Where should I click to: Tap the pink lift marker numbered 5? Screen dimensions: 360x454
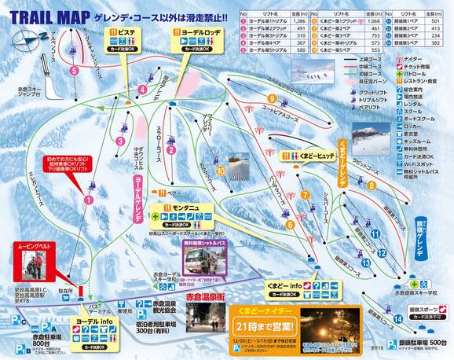(x=73, y=71)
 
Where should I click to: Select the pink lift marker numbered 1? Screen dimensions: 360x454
(x=89, y=200)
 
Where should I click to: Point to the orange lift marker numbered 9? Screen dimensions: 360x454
(x=271, y=98)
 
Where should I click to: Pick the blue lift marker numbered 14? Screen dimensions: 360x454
(x=379, y=253)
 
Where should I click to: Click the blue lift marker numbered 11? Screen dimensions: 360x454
(x=375, y=233)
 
